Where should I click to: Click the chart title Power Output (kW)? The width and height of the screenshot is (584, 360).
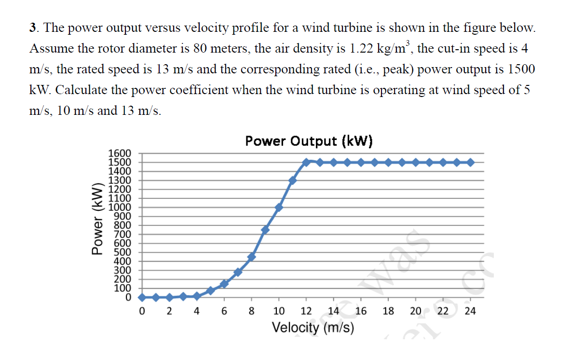(309, 141)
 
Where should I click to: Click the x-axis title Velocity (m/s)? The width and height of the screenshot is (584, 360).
(313, 328)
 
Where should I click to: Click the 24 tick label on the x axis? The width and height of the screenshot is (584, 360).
(470, 311)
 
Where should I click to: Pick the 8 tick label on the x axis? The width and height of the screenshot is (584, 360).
(251, 311)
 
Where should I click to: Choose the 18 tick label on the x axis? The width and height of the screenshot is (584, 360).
(388, 311)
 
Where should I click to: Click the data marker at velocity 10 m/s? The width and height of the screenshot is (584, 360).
(279, 208)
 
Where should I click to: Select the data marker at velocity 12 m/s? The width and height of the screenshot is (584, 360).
(306, 162)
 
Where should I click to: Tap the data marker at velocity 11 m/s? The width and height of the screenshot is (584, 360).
(292, 180)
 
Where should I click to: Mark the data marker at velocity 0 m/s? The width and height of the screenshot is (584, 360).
(142, 297)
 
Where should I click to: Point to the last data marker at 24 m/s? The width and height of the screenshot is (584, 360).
(470, 162)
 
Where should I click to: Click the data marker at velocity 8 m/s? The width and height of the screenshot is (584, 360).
(251, 256)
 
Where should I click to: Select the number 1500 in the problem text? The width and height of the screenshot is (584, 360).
(521, 69)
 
